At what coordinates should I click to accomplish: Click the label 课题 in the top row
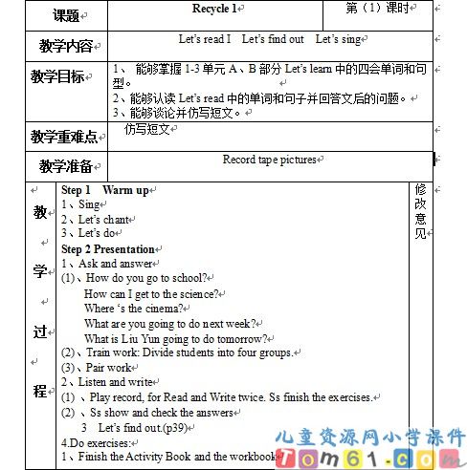tap(66, 15)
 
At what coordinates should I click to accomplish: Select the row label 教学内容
tap(66, 45)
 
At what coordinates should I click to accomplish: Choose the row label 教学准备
tap(65, 165)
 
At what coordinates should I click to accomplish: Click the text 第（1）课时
tap(380, 9)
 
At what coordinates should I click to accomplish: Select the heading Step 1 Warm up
tap(105, 190)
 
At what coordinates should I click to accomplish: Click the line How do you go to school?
tap(152, 278)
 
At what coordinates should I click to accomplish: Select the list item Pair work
tap(103, 367)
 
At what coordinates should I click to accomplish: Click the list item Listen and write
tap(107, 382)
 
